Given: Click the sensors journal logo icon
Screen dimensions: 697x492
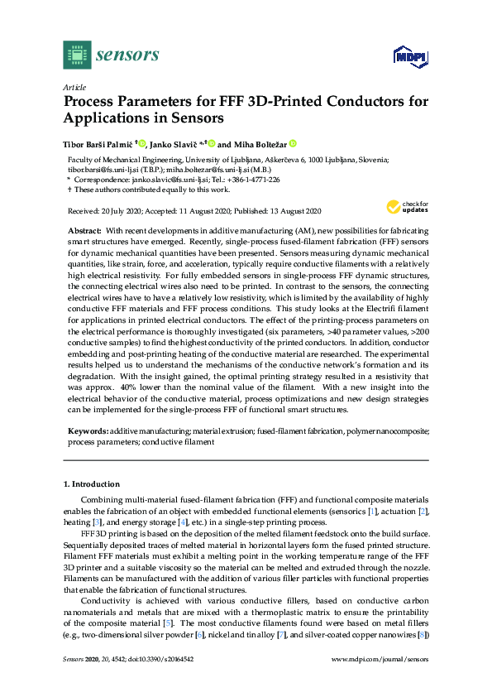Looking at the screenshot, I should click(x=77, y=55).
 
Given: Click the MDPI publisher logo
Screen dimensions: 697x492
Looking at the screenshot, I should click(x=409, y=56).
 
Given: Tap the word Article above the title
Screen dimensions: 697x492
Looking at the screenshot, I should click(x=74, y=87).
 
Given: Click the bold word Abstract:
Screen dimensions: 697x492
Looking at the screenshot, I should click(x=84, y=228).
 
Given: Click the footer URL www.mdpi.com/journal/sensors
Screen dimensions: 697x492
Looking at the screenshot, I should click(x=380, y=659).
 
